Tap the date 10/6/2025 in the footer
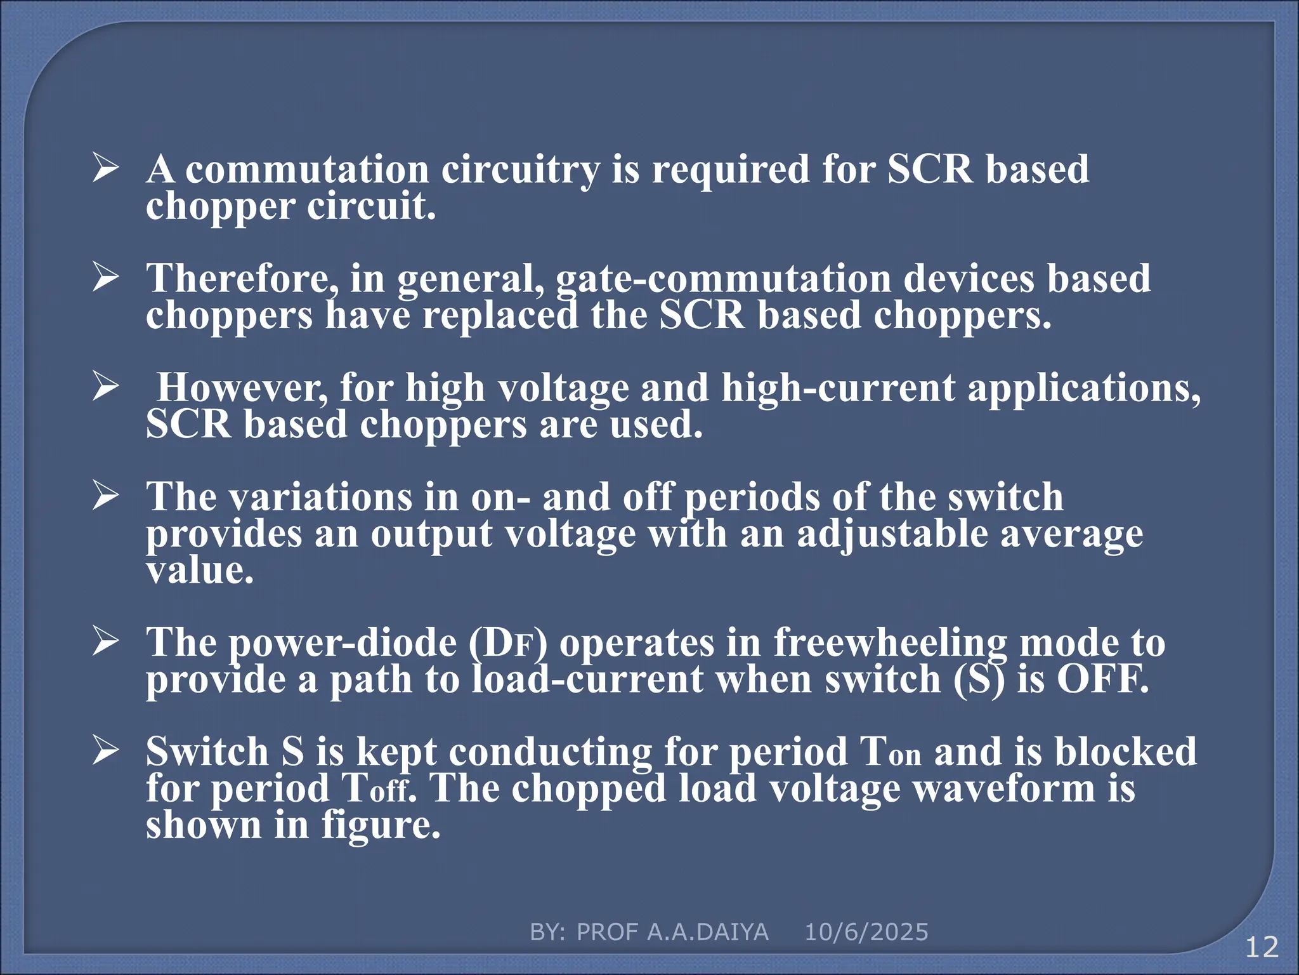click(866, 932)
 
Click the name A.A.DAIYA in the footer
click(708, 932)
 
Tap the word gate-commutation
click(723, 279)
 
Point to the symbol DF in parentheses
click(507, 643)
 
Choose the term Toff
click(376, 789)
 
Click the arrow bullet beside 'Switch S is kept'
click(105, 750)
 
